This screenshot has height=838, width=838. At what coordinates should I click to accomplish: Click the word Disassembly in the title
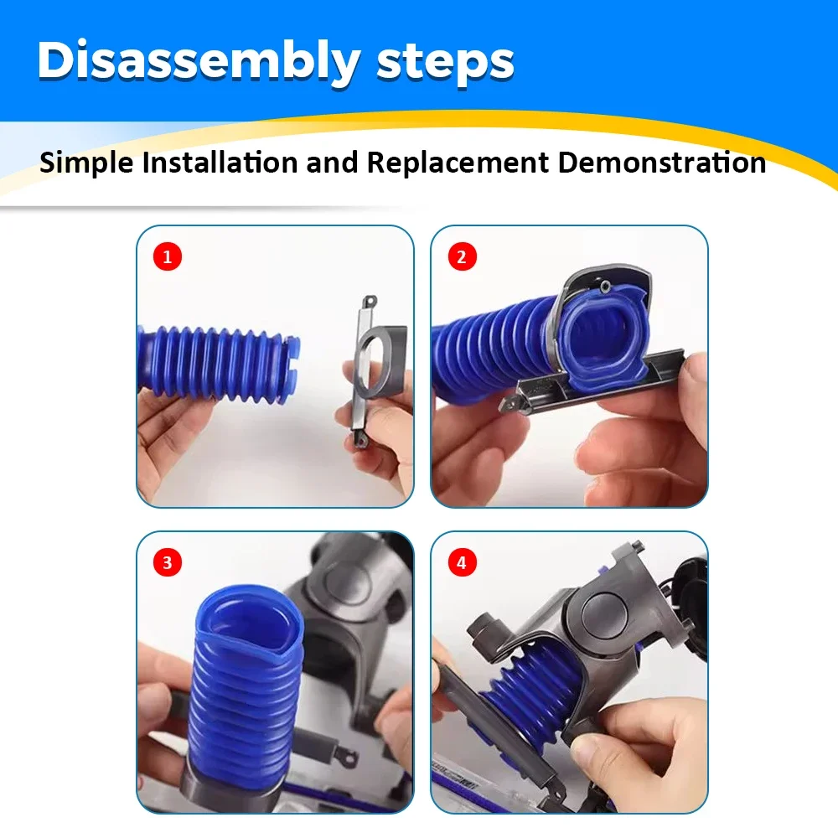pos(197,61)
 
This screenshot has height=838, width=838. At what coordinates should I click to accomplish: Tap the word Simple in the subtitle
pos(86,162)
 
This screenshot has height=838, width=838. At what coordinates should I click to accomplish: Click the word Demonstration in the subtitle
pos(662,162)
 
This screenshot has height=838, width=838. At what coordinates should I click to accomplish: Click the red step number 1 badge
pos(167,256)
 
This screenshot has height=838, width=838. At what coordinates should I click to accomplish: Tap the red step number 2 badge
pos(461,256)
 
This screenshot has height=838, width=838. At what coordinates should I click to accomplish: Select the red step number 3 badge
pos(167,563)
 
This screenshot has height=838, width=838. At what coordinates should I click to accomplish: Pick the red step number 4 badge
pos(461,563)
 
